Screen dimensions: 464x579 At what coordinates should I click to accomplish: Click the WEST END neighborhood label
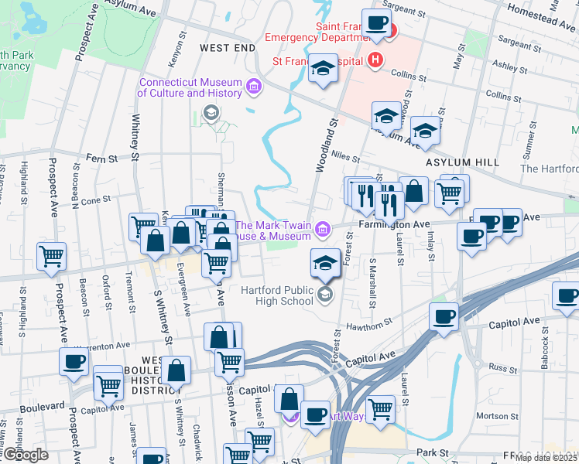tap(227, 48)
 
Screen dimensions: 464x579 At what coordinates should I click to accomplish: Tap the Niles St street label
tap(346, 154)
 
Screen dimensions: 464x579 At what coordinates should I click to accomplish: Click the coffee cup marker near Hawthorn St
tap(444, 316)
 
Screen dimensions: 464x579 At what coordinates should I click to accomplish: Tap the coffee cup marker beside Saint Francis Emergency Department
tap(377, 23)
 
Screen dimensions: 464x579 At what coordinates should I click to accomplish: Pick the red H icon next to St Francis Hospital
tap(376, 60)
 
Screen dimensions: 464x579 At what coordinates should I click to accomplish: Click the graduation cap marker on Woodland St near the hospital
tap(322, 69)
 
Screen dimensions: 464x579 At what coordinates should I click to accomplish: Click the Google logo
tap(25, 455)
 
